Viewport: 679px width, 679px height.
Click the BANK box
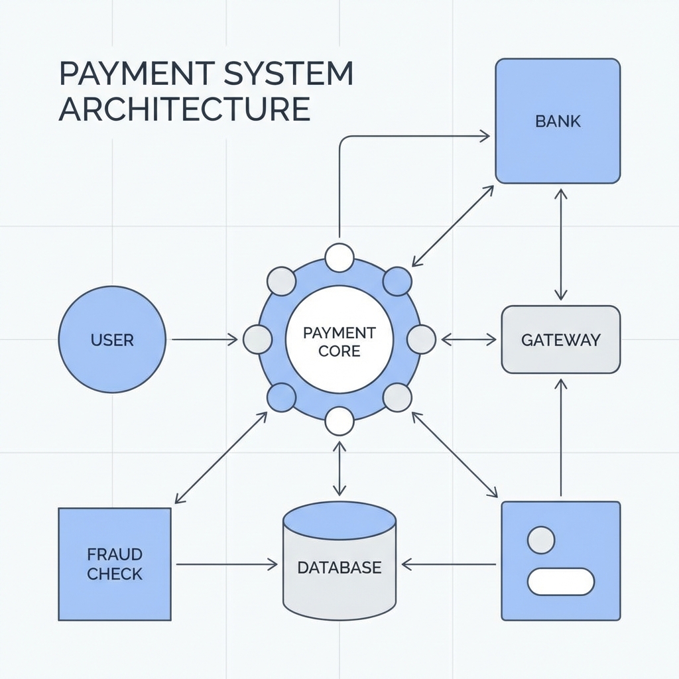[558, 121]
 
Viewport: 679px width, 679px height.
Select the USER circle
[111, 340]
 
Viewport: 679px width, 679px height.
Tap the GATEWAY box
[560, 339]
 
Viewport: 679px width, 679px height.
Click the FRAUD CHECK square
[115, 564]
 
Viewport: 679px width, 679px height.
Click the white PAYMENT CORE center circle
[339, 340]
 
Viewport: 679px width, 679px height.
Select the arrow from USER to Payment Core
[204, 340]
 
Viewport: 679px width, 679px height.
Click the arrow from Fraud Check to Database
[225, 564]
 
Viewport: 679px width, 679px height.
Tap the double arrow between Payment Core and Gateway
[468, 339]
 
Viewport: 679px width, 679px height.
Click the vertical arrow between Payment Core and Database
[339, 469]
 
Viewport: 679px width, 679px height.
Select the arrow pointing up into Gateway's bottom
[561, 438]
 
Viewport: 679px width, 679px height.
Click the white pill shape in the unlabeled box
[560, 581]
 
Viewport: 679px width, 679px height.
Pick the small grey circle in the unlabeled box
[541, 540]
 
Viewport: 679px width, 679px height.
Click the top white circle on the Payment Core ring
[339, 257]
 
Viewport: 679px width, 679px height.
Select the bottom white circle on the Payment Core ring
[339, 421]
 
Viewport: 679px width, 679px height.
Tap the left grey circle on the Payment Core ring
[258, 339]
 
